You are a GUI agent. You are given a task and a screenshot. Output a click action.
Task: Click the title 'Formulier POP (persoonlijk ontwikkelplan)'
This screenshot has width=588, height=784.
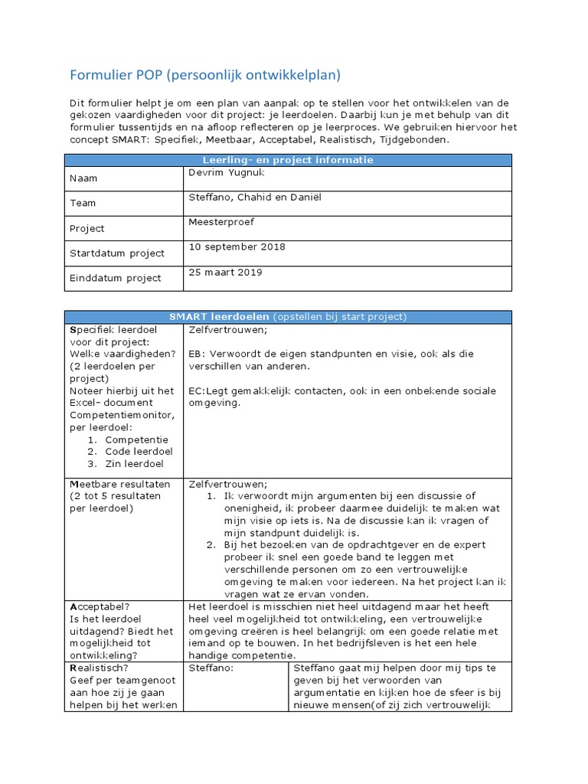coord(205,75)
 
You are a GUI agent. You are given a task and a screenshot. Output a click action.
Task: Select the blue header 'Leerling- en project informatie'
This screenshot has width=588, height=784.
coord(287,160)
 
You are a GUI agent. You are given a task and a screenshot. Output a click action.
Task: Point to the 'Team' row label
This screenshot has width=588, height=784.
coord(83,204)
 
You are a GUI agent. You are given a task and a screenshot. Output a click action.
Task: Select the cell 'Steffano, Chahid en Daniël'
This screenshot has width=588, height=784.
coord(255,198)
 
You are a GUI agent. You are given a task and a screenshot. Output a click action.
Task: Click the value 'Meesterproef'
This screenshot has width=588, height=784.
coord(221,222)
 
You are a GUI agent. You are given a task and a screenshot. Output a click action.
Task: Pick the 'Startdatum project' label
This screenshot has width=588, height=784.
coord(116,253)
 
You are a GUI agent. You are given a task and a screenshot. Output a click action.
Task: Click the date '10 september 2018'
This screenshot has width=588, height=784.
coord(237,247)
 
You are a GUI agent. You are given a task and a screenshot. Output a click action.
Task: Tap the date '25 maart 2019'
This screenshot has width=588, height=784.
coord(226,272)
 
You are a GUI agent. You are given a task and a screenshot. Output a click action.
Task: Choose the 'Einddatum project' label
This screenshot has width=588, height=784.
coord(115,278)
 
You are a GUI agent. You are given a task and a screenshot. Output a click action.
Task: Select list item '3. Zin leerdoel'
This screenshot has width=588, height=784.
coord(123,463)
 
